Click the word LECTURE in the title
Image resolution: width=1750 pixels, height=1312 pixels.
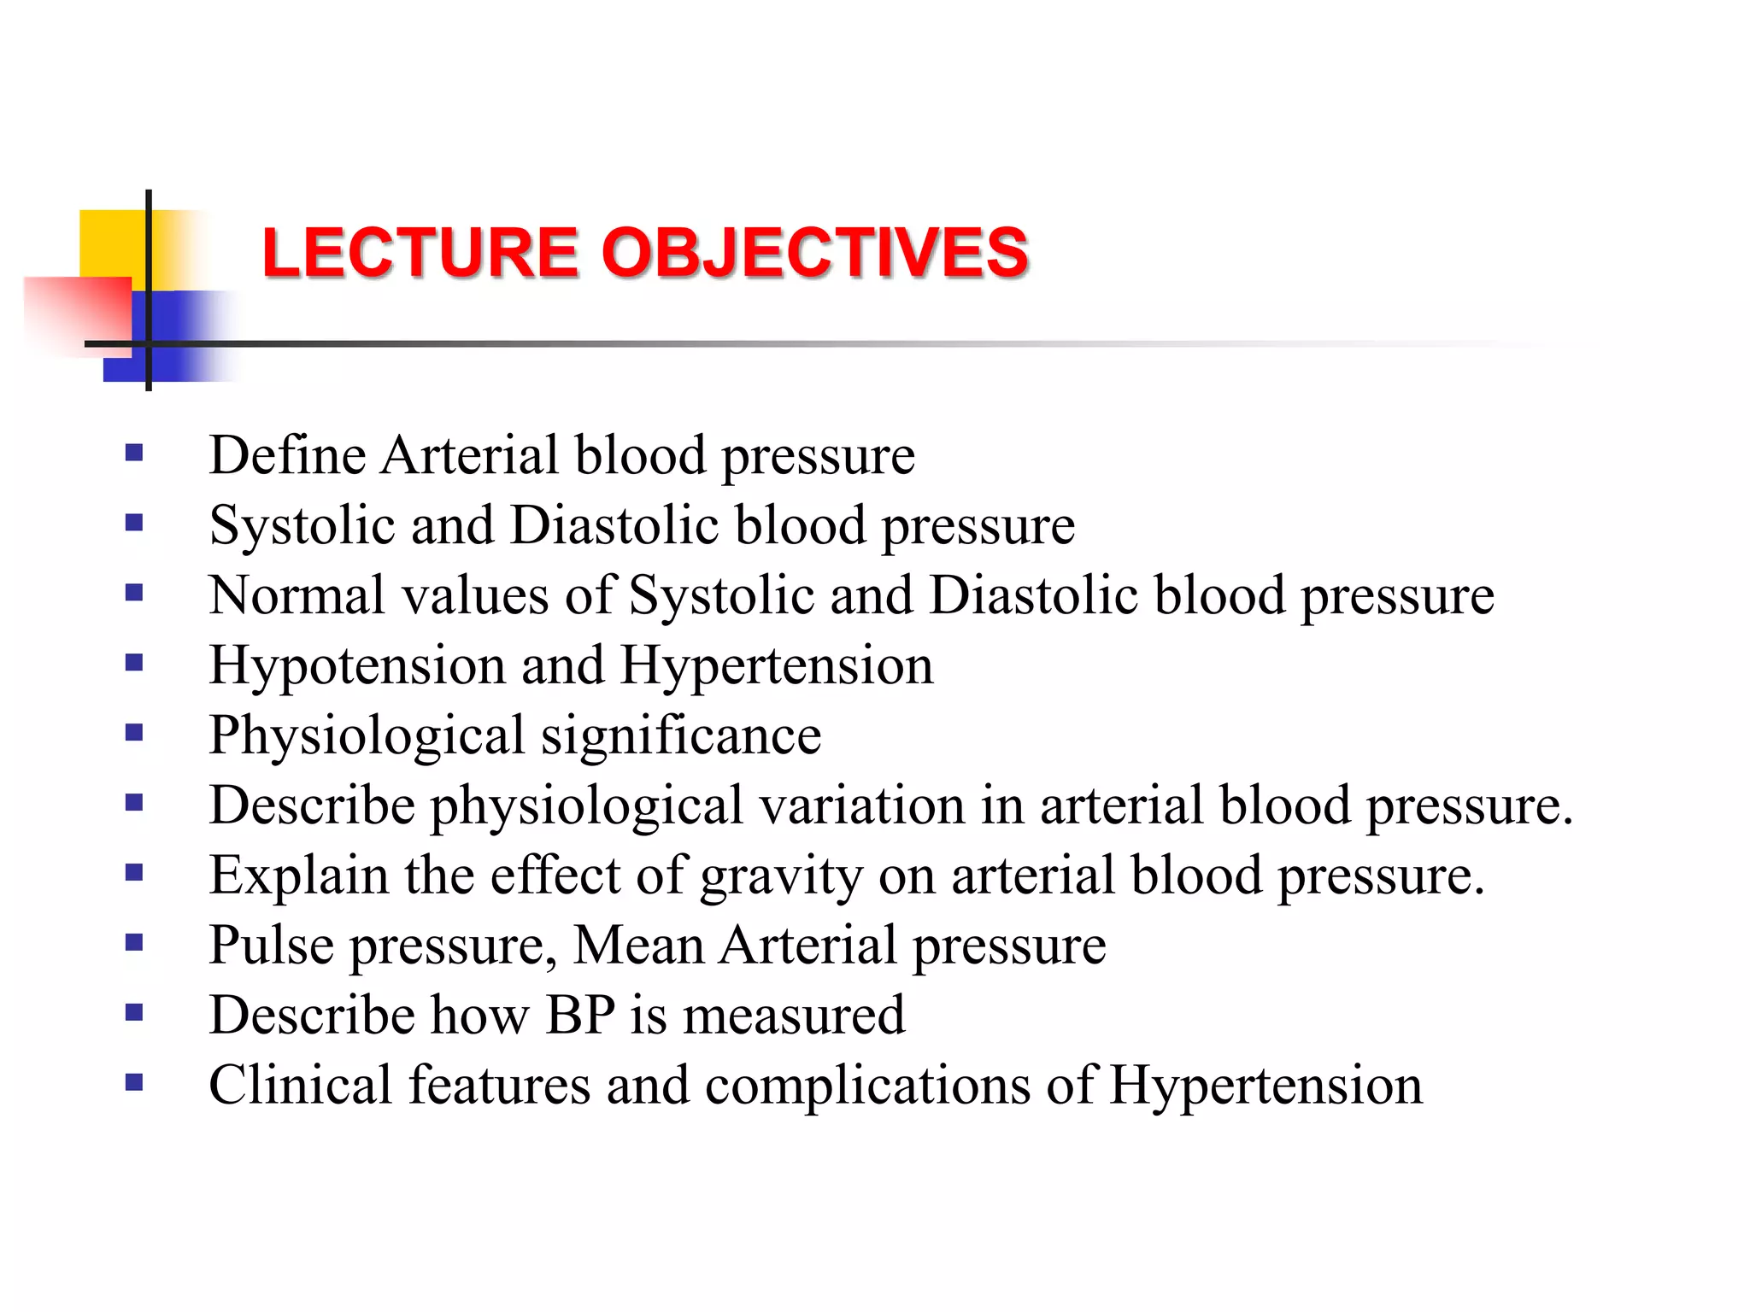point(420,253)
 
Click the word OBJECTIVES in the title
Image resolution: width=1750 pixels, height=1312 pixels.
point(814,253)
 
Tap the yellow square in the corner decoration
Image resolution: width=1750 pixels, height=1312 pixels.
point(111,243)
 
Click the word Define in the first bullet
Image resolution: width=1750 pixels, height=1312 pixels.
point(287,455)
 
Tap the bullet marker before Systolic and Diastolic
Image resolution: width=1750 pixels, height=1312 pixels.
point(133,522)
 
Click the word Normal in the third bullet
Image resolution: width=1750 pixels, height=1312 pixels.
point(297,595)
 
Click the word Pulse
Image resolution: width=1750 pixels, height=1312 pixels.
point(271,946)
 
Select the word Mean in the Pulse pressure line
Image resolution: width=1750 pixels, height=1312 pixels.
point(638,946)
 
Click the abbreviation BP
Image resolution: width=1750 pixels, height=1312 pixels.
point(580,1016)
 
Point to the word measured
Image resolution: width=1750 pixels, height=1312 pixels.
point(793,1016)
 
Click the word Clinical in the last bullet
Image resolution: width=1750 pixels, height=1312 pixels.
point(300,1086)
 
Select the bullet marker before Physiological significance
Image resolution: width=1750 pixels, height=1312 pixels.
point(133,732)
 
